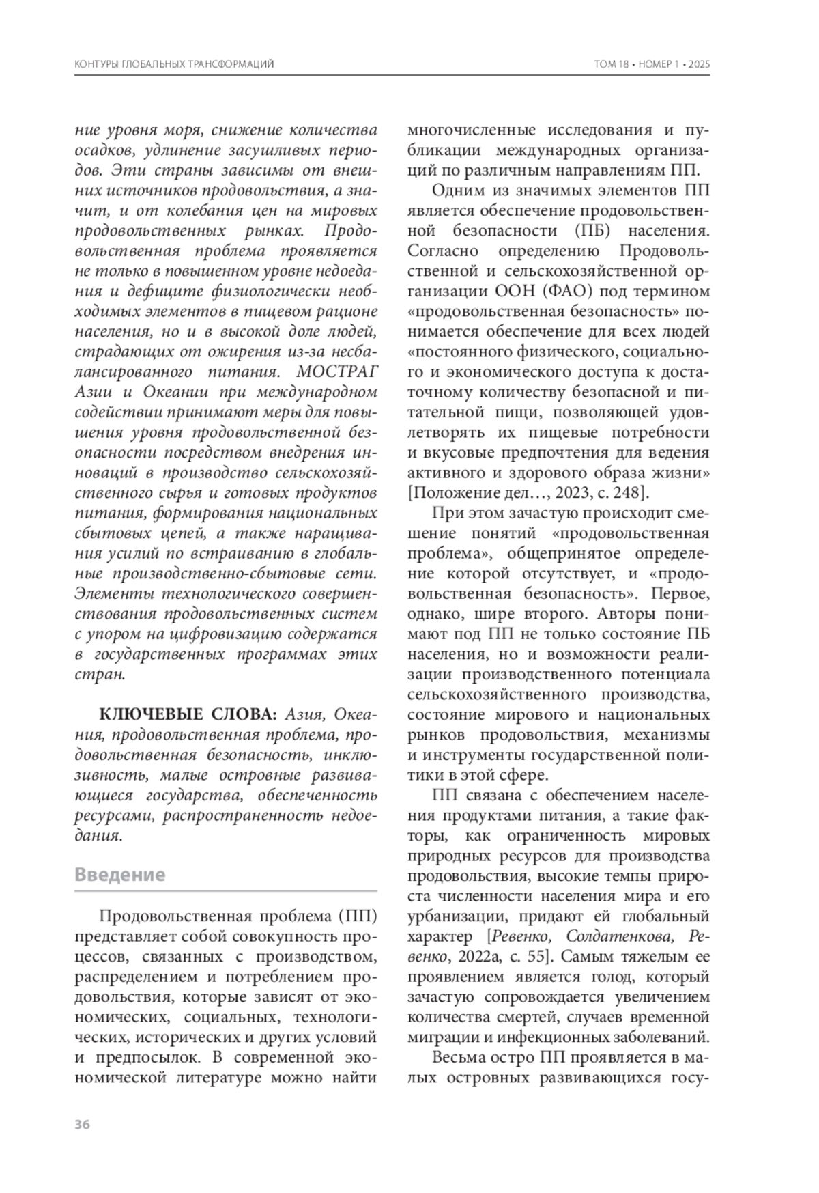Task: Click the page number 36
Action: (x=82, y=1125)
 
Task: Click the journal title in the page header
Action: (x=173, y=64)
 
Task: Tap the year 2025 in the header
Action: (x=699, y=64)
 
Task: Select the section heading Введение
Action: (x=120, y=875)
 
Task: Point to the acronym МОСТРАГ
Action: (x=339, y=372)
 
